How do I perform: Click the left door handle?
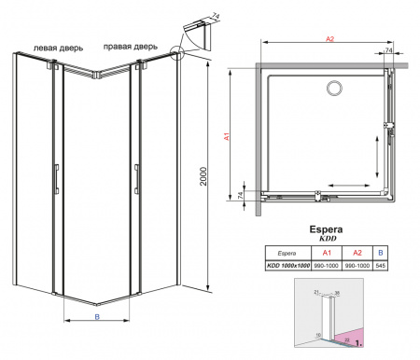click(57, 179)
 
